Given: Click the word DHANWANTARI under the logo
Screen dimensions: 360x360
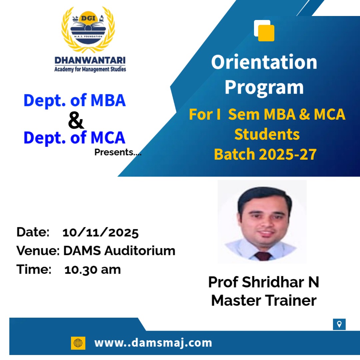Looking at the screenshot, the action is click(x=90, y=60).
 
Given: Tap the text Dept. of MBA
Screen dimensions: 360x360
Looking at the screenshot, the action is click(x=75, y=101).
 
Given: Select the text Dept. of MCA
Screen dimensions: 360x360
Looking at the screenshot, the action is click(x=74, y=138).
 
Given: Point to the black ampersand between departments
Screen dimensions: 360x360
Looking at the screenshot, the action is click(x=76, y=120).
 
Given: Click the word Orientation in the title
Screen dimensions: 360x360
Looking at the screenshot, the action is click(x=264, y=62).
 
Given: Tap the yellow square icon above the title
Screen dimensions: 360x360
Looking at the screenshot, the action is click(x=266, y=33).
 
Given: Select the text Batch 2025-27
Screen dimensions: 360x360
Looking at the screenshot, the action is click(x=265, y=154).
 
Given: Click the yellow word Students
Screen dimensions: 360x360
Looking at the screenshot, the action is click(x=267, y=134).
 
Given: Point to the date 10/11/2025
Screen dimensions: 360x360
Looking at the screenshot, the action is click(x=100, y=233).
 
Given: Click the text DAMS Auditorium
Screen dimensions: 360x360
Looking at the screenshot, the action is click(x=119, y=250).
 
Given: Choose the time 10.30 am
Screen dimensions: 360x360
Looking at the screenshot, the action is click(x=93, y=270).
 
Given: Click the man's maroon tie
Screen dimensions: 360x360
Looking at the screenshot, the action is click(x=263, y=256).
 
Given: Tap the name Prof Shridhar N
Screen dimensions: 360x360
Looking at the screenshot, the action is click(x=264, y=282).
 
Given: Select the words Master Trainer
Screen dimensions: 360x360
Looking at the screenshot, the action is click(x=264, y=300).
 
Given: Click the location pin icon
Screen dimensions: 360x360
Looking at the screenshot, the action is click(x=339, y=324).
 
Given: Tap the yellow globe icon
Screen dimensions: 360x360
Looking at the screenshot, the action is click(x=78, y=343).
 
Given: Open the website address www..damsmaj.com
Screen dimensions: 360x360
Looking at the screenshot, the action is click(x=153, y=343).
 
